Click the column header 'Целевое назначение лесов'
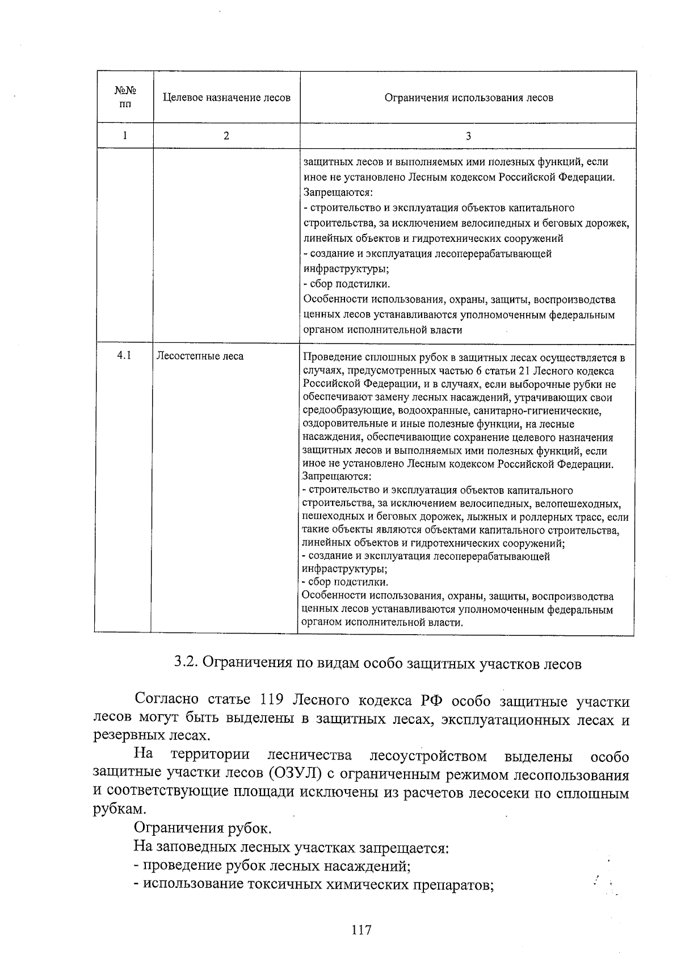pyautogui.click(x=226, y=98)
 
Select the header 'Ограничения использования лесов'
pyautogui.click(x=468, y=98)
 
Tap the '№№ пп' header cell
pyautogui.click(x=125, y=97)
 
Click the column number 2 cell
pyautogui.click(x=226, y=136)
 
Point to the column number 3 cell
pyautogui.click(x=468, y=136)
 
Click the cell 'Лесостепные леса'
pyautogui.click(x=200, y=357)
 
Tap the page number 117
pyautogui.click(x=361, y=930)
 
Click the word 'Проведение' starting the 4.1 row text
pyautogui.click(x=331, y=358)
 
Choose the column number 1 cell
pyautogui.click(x=124, y=136)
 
